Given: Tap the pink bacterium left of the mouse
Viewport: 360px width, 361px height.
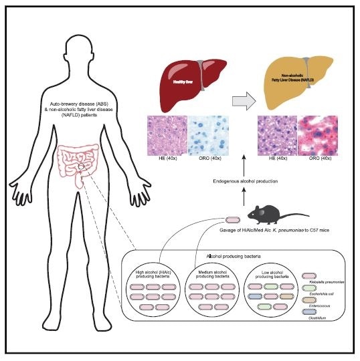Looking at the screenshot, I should click(234, 219).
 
